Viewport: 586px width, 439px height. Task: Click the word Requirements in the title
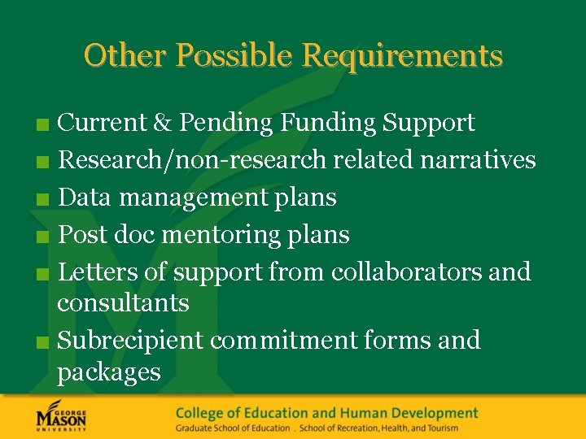pyautogui.click(x=402, y=56)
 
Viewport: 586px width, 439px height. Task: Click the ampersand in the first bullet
pyautogui.click(x=162, y=123)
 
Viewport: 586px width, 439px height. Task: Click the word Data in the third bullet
pyautogui.click(x=84, y=198)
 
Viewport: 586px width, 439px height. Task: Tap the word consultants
pyautogui.click(x=123, y=303)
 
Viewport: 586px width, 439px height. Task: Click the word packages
pyautogui.click(x=109, y=372)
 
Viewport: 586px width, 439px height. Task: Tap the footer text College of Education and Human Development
pyautogui.click(x=326, y=414)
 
